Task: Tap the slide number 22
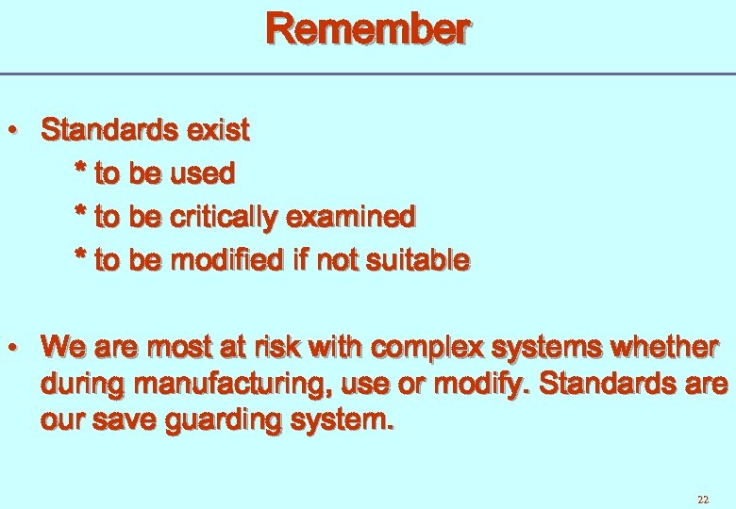[x=702, y=499]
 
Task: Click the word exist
[x=218, y=130]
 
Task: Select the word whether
[x=664, y=347]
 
